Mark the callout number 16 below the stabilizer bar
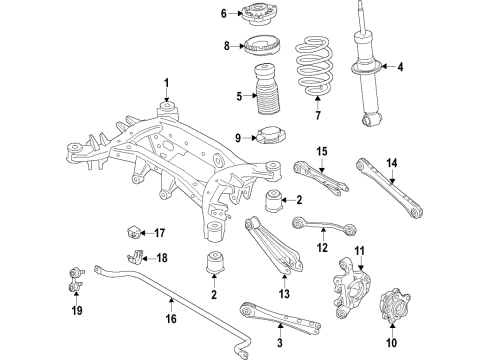coord(171,319)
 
